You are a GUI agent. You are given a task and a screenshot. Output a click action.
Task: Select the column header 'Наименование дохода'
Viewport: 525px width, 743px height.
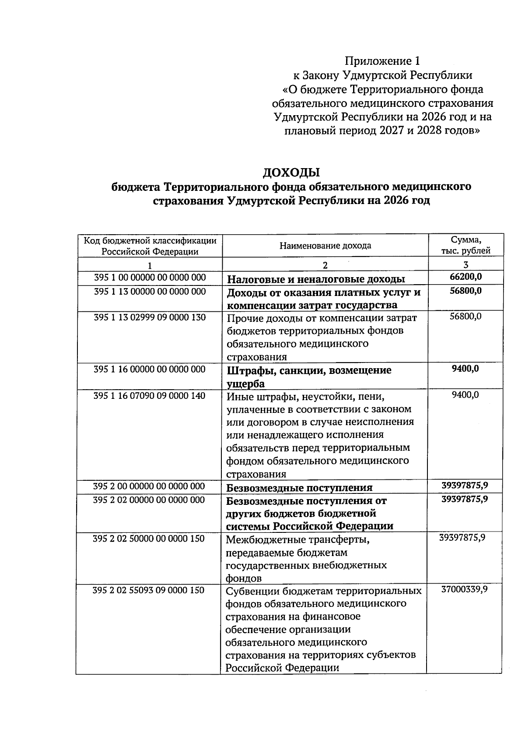pos(325,246)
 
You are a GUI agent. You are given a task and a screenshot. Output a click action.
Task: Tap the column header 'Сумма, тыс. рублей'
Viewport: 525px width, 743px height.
pos(465,245)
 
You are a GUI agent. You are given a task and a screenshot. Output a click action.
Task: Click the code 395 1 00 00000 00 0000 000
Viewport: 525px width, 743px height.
pos(150,278)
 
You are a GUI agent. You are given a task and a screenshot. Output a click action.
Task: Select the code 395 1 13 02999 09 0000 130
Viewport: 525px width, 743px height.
pos(150,317)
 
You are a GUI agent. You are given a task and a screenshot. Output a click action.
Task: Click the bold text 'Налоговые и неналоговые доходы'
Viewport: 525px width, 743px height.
pos(315,279)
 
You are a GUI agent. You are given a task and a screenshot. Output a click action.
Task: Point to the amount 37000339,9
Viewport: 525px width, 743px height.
pos(464,590)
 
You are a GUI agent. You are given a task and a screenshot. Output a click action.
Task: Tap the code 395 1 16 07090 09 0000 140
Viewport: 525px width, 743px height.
pos(150,396)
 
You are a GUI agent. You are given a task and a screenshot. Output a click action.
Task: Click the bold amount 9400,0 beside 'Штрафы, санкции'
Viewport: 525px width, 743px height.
pos(465,369)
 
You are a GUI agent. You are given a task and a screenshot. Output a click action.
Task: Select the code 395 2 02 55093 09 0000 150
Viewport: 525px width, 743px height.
pos(149,590)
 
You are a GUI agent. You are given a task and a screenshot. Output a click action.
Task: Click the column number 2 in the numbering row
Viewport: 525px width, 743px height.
pos(325,265)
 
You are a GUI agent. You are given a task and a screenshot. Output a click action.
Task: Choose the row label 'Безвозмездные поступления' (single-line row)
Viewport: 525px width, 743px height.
pos(299,488)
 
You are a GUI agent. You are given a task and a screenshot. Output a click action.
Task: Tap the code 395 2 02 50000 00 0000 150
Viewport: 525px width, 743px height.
pos(149,539)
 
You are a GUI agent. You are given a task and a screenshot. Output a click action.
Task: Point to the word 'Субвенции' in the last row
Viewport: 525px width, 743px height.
pos(249,591)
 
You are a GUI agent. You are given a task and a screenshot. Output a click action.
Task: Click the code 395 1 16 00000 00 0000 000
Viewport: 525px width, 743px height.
pos(150,370)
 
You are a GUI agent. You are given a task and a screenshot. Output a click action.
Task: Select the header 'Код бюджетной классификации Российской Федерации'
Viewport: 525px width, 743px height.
pos(150,246)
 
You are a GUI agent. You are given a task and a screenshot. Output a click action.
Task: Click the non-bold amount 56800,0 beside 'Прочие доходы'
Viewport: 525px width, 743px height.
pos(465,316)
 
